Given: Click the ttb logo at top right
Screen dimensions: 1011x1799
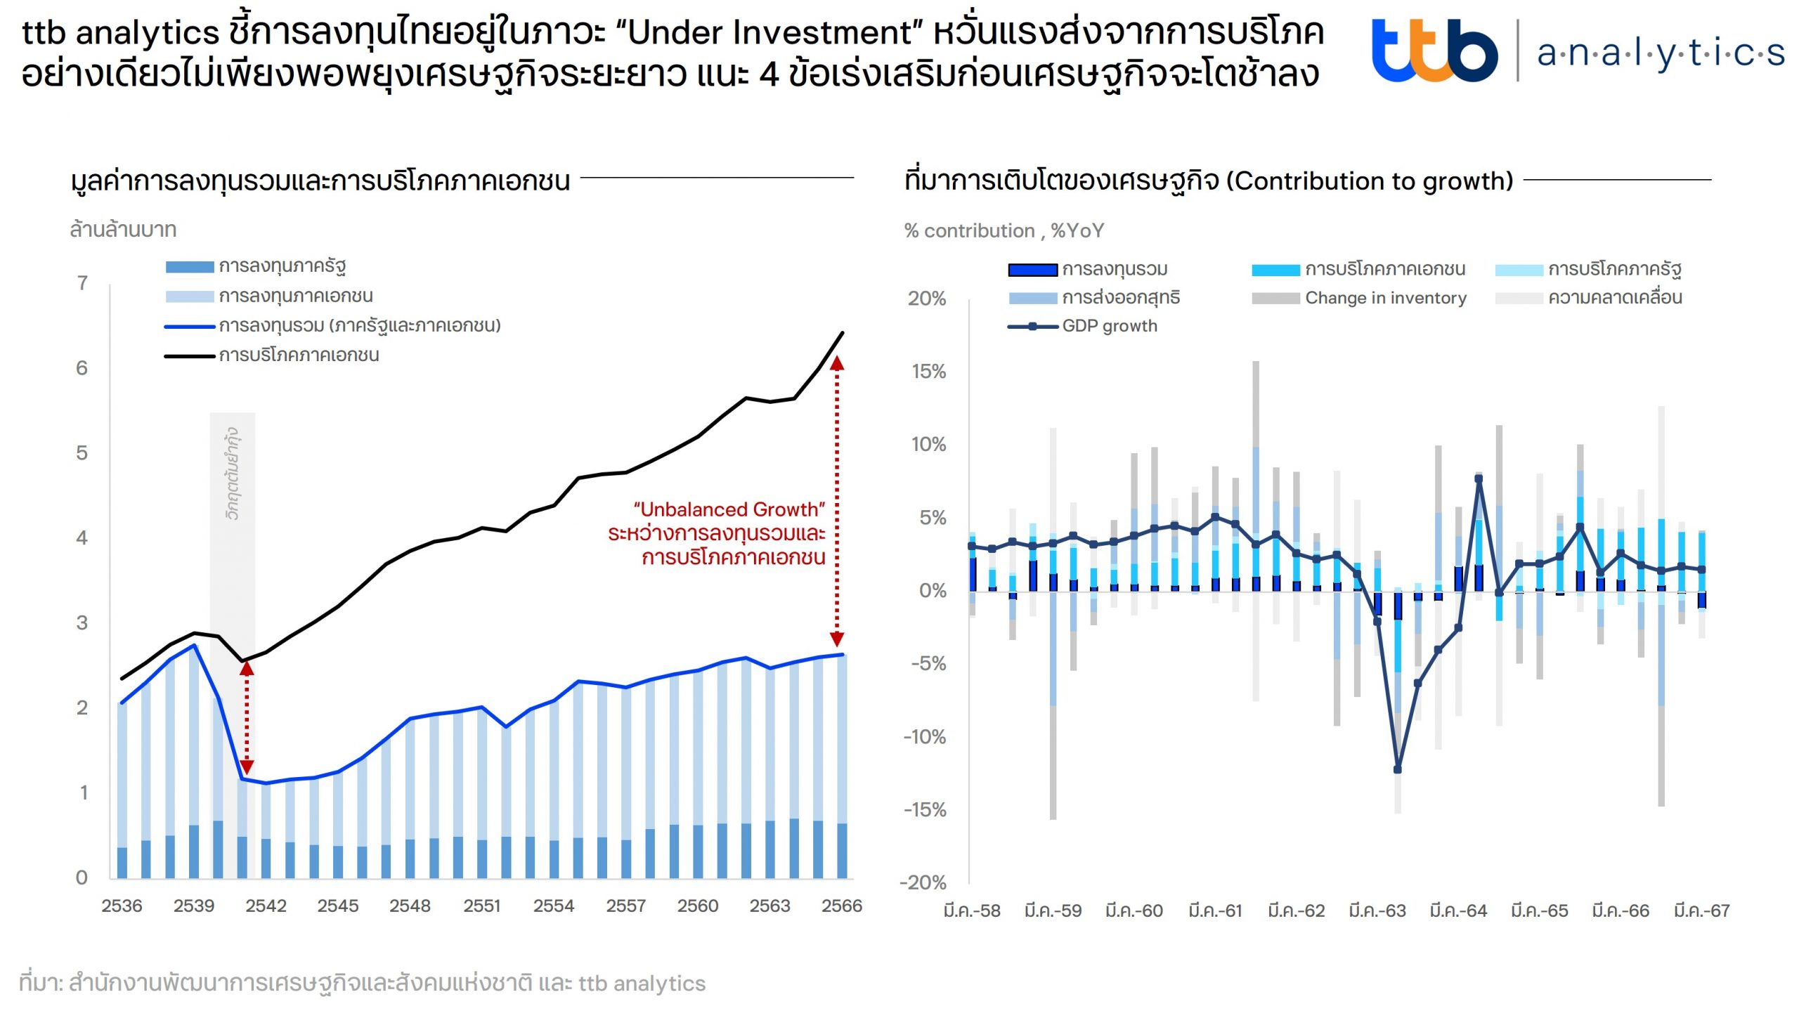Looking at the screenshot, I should (1434, 51).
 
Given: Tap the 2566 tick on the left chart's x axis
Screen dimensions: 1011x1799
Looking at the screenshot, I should (841, 906).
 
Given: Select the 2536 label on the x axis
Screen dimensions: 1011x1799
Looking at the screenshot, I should (122, 906).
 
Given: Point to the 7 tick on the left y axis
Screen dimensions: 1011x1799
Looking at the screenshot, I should (82, 283).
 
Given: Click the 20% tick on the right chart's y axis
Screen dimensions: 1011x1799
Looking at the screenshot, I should (927, 299).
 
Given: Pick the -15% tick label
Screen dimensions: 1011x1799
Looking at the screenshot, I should (925, 809).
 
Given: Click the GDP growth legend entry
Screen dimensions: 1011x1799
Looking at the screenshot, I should (1109, 326).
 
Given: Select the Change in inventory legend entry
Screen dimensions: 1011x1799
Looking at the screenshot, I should (1385, 298).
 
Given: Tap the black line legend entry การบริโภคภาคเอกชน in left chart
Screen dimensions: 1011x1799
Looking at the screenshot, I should (299, 356).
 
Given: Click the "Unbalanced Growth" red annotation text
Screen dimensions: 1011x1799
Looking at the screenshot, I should (729, 509).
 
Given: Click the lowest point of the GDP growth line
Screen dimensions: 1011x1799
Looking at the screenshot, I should (1397, 769).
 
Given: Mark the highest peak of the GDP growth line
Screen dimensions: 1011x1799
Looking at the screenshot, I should (1479, 479).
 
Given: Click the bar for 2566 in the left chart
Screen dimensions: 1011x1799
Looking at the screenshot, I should (841, 766).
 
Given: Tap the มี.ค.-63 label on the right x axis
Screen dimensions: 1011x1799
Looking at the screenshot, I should (1377, 911).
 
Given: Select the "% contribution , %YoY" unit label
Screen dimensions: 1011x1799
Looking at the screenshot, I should (1004, 230).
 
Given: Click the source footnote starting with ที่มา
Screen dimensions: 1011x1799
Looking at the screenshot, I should (362, 983).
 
